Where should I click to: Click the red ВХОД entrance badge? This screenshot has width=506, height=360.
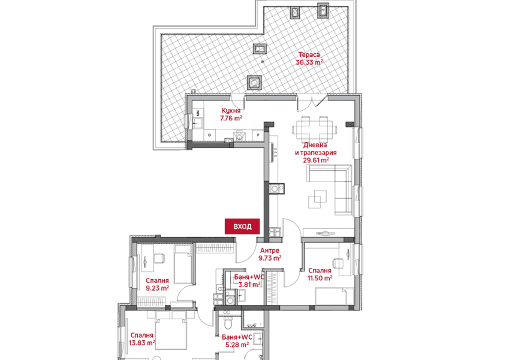242,226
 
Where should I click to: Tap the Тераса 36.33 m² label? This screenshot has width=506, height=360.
309,59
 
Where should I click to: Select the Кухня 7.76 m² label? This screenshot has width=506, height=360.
231,114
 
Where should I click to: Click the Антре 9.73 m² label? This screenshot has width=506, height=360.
270,255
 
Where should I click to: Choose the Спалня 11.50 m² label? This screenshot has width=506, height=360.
320,274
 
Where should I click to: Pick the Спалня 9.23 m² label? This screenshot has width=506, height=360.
157,285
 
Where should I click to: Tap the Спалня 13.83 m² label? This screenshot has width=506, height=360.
142,339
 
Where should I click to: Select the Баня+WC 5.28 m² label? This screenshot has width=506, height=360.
237,341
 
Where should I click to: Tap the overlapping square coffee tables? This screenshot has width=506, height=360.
317,199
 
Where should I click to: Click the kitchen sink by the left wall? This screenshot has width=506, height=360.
197,123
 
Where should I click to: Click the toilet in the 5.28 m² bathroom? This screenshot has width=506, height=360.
228,322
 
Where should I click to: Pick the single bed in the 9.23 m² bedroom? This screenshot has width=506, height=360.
183,264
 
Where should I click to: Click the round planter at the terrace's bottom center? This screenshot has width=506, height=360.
254,83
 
